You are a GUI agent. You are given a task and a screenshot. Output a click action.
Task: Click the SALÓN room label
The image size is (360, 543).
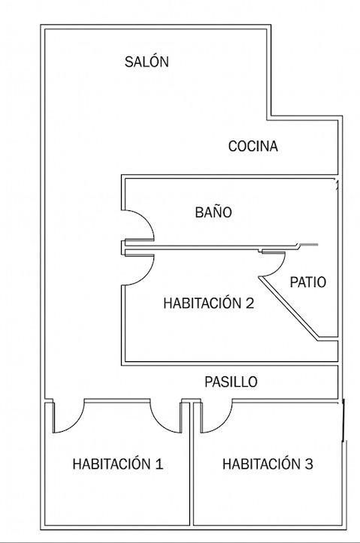[147, 62]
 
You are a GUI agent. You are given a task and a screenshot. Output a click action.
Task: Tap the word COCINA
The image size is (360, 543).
[253, 146]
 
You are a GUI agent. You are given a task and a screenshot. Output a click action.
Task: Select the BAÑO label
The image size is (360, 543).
[213, 212]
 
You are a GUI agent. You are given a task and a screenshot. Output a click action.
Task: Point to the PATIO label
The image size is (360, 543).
[307, 282]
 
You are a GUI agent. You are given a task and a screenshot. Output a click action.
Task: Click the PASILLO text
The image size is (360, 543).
[231, 382]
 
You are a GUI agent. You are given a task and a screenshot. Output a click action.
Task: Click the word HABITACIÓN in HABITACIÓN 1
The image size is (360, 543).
[111, 463]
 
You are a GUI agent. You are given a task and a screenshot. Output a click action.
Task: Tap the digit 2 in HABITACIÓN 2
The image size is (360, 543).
[250, 303]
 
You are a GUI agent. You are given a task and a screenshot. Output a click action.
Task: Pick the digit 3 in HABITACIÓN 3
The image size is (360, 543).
[309, 463]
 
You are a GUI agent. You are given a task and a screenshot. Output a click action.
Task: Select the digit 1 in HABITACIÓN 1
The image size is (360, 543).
[159, 463]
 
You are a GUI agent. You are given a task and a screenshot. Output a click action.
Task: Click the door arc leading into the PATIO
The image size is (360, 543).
[280, 267]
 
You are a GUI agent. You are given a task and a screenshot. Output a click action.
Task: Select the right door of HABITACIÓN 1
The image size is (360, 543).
[159, 422]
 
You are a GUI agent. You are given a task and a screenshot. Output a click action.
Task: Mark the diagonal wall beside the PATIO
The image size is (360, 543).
[289, 307]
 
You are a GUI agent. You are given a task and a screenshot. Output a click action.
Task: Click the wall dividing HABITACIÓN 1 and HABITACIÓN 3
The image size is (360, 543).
[191, 463]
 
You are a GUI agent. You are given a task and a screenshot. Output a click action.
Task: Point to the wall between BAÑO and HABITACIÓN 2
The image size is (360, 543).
[210, 247]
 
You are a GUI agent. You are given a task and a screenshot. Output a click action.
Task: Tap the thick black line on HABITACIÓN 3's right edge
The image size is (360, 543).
[343, 420]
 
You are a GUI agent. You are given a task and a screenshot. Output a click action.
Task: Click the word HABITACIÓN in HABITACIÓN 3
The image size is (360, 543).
[262, 463]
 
